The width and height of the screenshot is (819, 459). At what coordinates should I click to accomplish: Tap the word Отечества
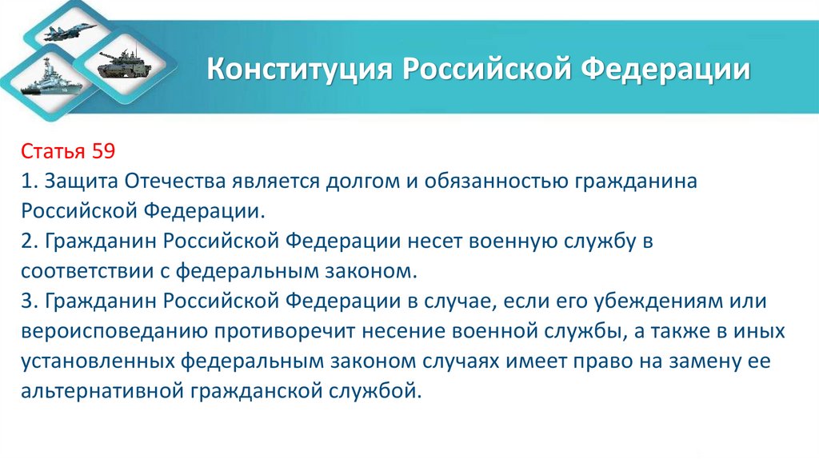(172, 181)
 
